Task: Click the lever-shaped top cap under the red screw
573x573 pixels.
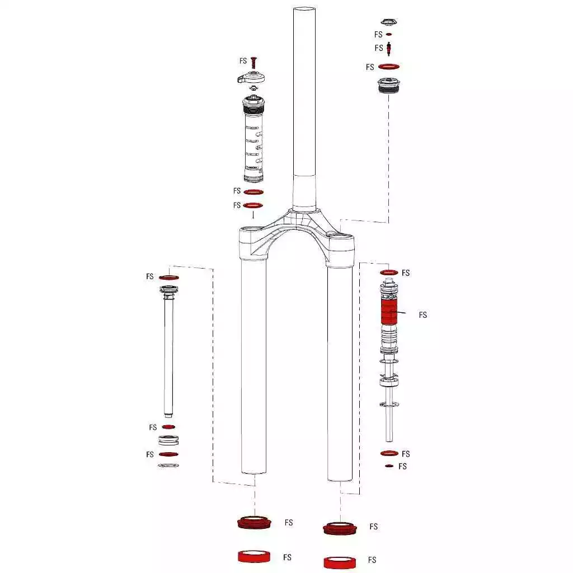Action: point(251,78)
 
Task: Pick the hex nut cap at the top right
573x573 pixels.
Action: point(389,22)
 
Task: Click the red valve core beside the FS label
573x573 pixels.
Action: point(389,49)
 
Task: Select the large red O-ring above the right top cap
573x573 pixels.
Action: point(389,67)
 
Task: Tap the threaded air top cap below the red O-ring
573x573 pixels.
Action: point(388,85)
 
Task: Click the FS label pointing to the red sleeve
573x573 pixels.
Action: point(423,315)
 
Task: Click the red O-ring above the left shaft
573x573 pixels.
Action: point(169,278)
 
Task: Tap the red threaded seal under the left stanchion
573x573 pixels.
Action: point(255,523)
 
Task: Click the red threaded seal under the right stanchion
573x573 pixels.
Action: point(340,528)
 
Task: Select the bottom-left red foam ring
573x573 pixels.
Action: point(255,557)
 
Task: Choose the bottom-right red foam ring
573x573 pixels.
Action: point(340,562)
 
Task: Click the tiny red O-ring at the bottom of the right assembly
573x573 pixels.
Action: point(389,466)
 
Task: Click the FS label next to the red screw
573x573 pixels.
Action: point(243,61)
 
